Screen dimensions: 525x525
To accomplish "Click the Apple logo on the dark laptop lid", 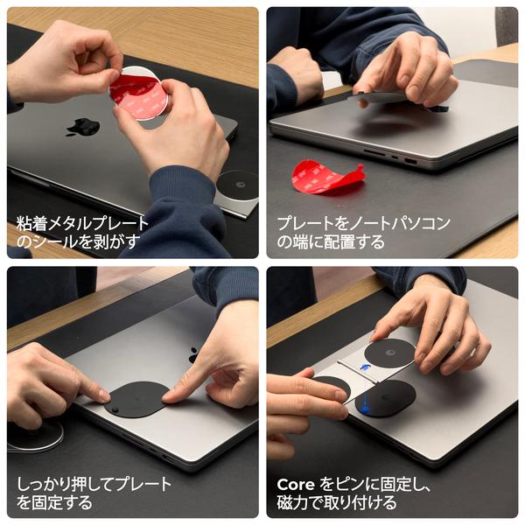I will click(x=82, y=127).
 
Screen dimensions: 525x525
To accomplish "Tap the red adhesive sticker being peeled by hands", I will click(x=136, y=95).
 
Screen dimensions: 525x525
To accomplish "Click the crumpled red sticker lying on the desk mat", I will click(x=325, y=177).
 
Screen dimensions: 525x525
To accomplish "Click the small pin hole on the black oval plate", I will click(x=115, y=409).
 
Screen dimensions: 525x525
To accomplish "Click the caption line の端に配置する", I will click(x=330, y=241).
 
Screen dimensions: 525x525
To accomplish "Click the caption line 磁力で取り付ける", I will click(x=336, y=502).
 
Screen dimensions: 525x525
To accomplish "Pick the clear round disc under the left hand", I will click(x=35, y=435).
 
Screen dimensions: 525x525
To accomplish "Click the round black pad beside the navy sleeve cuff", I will click(x=237, y=185).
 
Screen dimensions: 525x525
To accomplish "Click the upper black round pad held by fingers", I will click(x=388, y=353).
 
